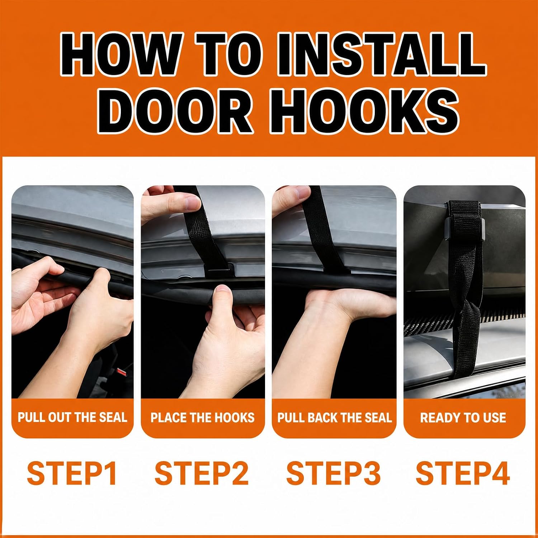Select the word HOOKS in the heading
(x=369, y=112)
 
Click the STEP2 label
(x=202, y=473)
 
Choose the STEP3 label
(x=333, y=473)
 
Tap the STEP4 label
(x=463, y=473)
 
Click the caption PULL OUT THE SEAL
(x=72, y=417)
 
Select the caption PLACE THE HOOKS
(x=203, y=417)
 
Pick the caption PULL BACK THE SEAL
(x=334, y=417)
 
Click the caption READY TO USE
(x=463, y=417)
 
